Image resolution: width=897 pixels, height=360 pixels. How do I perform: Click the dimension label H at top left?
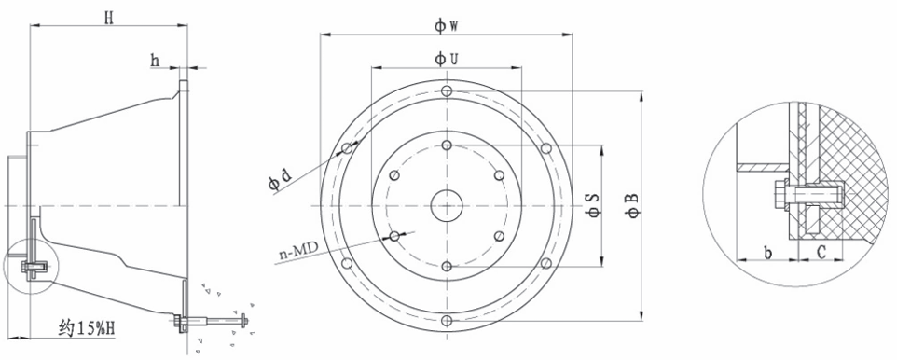pyautogui.click(x=109, y=18)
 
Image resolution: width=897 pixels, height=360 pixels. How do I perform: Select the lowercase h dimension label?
pyautogui.click(x=155, y=60)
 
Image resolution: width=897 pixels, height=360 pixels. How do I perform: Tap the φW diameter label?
pyautogui.click(x=447, y=26)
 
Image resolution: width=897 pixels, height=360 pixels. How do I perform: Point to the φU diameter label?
pyautogui.click(x=446, y=59)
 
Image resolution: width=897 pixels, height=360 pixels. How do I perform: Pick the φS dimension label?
pyautogui.click(x=593, y=205)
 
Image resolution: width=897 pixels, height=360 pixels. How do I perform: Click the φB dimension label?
pyautogui.click(x=632, y=206)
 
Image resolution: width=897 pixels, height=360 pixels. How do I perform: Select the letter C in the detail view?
pyautogui.click(x=821, y=251)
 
